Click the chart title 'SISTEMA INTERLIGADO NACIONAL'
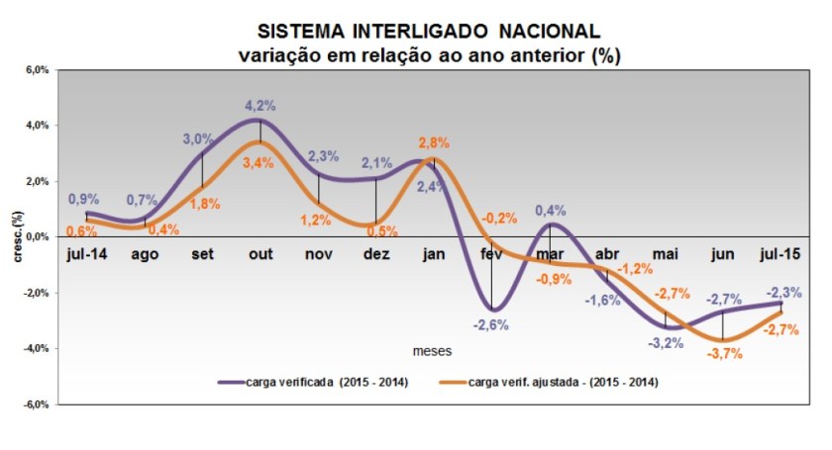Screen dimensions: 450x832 [429, 33]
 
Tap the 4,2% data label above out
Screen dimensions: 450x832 [260, 105]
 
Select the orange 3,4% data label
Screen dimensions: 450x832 [259, 163]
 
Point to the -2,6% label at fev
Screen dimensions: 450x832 [491, 324]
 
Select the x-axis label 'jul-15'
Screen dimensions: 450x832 [780, 254]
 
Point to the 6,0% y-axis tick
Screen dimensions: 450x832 [37, 71]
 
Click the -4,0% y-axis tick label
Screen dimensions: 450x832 [36, 348]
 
